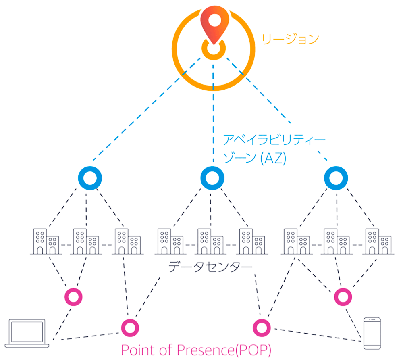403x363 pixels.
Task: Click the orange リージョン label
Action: coord(290,39)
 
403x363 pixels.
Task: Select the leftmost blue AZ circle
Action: coord(90,177)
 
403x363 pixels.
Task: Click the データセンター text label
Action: coord(210,267)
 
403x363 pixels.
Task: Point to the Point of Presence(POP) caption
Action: coord(196,350)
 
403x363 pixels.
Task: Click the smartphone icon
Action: coord(372,333)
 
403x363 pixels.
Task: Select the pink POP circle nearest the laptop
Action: coord(74,297)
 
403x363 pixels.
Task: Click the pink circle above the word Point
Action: coord(130,327)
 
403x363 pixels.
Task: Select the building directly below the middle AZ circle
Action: coord(210,241)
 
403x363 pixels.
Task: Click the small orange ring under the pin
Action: coord(212,50)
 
